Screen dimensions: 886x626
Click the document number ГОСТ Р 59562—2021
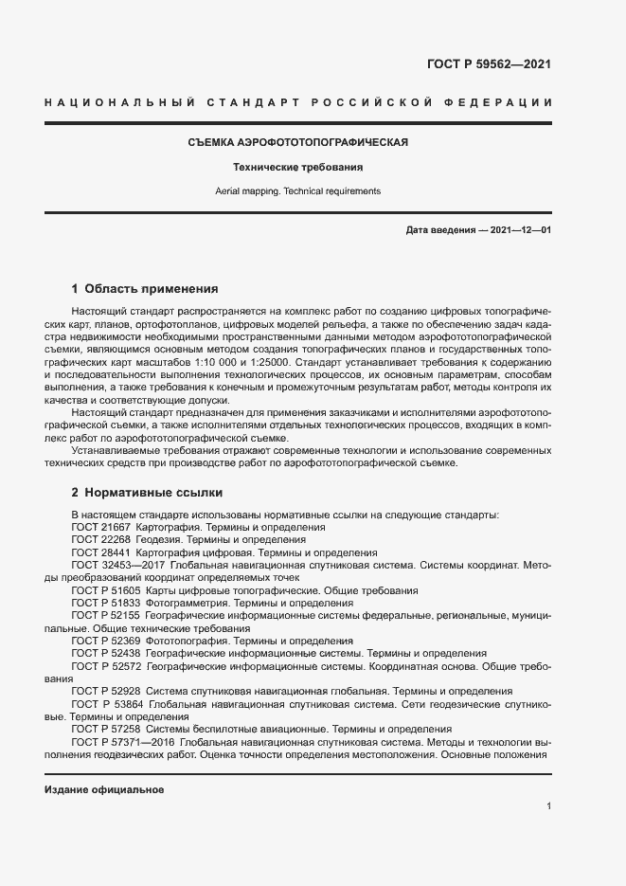tap(490, 64)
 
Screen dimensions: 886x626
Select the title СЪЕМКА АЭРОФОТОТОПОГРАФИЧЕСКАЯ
tap(297, 142)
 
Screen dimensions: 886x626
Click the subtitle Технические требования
tap(298, 167)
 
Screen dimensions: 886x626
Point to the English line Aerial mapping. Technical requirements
tap(298, 190)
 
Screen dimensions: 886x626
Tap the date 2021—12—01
tap(520, 230)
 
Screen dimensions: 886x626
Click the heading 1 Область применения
tap(145, 288)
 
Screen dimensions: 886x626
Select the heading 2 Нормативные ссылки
tap(147, 493)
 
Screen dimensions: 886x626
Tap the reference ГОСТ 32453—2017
tap(118, 565)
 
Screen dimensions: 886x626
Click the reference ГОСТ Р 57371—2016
tap(120, 742)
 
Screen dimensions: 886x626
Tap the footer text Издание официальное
tap(104, 789)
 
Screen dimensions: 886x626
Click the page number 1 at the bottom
tap(548, 806)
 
